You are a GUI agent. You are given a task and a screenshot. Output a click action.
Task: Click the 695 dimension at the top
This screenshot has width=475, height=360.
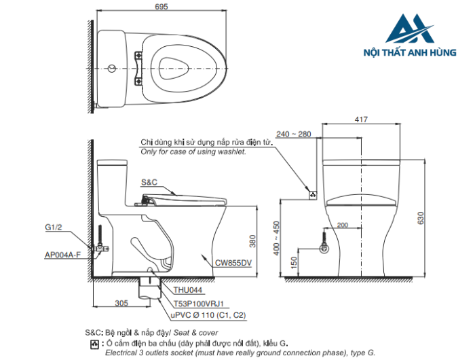pyautogui.click(x=161, y=6)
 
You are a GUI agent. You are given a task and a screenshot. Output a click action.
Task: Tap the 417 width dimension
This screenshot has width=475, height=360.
pyautogui.click(x=360, y=120)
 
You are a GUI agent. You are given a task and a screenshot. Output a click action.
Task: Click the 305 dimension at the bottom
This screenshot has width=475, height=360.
pyautogui.click(x=122, y=303)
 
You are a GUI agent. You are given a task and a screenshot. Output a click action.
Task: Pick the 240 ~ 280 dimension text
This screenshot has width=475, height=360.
pyautogui.click(x=294, y=134)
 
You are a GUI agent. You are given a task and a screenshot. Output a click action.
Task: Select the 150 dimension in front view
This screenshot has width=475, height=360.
pyautogui.click(x=294, y=263)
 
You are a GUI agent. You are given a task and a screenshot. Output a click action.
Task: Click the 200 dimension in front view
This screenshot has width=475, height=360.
pyautogui.click(x=342, y=225)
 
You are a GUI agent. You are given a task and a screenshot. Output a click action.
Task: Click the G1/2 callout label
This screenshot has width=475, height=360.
pyautogui.click(x=54, y=227)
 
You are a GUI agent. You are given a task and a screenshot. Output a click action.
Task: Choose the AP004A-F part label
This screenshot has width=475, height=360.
pyautogui.click(x=62, y=255)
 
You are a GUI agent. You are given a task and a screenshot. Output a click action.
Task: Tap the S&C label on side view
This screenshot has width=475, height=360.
pyautogui.click(x=149, y=183)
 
